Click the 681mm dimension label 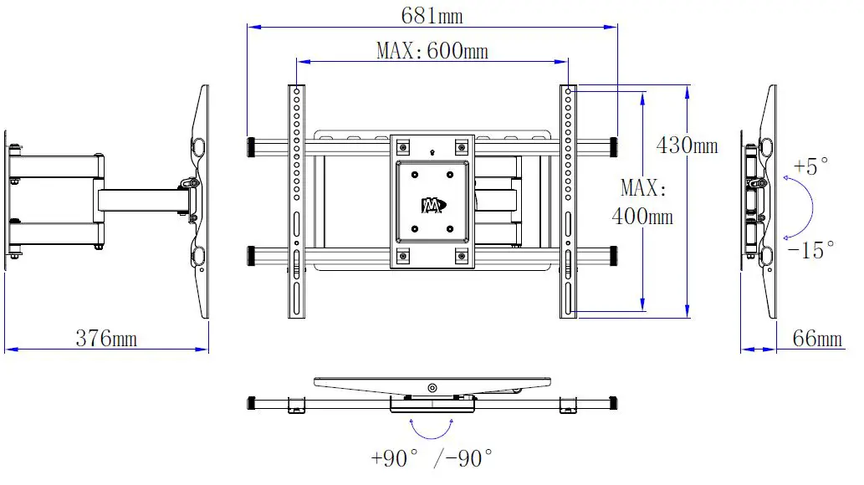pos(432,16)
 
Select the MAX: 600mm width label pos(432,51)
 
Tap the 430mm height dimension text pos(687,145)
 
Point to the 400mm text pos(642,217)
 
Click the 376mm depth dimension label pos(106,339)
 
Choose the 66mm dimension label pos(817,339)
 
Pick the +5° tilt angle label pos(810,166)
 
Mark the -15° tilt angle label pos(810,249)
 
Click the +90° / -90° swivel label pos(432,458)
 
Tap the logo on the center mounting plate pos(432,205)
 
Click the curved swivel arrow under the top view pos(432,428)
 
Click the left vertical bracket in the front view pos(297,201)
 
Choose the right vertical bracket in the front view pos(568,201)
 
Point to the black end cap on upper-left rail pos(251,146)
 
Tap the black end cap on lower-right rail pos(614,254)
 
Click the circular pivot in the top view pos(432,388)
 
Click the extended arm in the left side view pos(142,200)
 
